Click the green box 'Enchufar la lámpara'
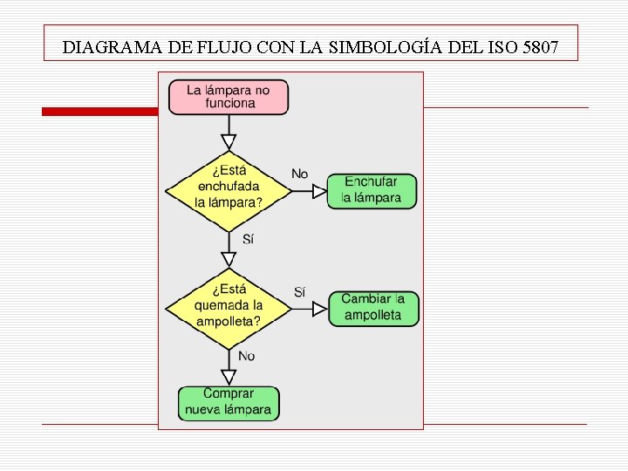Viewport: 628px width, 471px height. (x=372, y=191)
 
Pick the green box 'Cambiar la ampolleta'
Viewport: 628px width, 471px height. (x=373, y=309)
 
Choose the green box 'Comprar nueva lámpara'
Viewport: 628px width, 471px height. (x=229, y=403)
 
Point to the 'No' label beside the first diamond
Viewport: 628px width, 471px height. (x=299, y=174)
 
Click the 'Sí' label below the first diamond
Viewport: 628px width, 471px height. (x=248, y=239)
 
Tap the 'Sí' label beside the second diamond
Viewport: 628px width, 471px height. (x=299, y=291)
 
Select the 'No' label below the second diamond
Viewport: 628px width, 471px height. (x=247, y=356)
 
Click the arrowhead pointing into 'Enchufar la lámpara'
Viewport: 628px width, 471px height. (x=319, y=191)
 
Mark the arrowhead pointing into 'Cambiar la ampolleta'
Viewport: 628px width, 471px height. (x=321, y=309)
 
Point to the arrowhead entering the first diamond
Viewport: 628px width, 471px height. (x=229, y=142)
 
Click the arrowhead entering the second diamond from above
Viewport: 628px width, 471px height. (x=229, y=259)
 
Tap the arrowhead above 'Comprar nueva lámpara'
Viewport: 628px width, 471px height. (x=229, y=377)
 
